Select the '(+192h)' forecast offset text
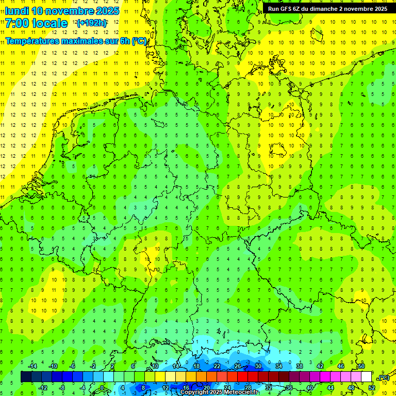(91, 23)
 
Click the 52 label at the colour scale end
(372, 388)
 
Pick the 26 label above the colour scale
(238, 366)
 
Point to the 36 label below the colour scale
(289, 388)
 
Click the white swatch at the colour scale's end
(367, 377)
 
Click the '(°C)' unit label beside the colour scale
(384, 378)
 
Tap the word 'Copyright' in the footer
(194, 392)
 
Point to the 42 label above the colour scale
(320, 366)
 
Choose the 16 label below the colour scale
(186, 388)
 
